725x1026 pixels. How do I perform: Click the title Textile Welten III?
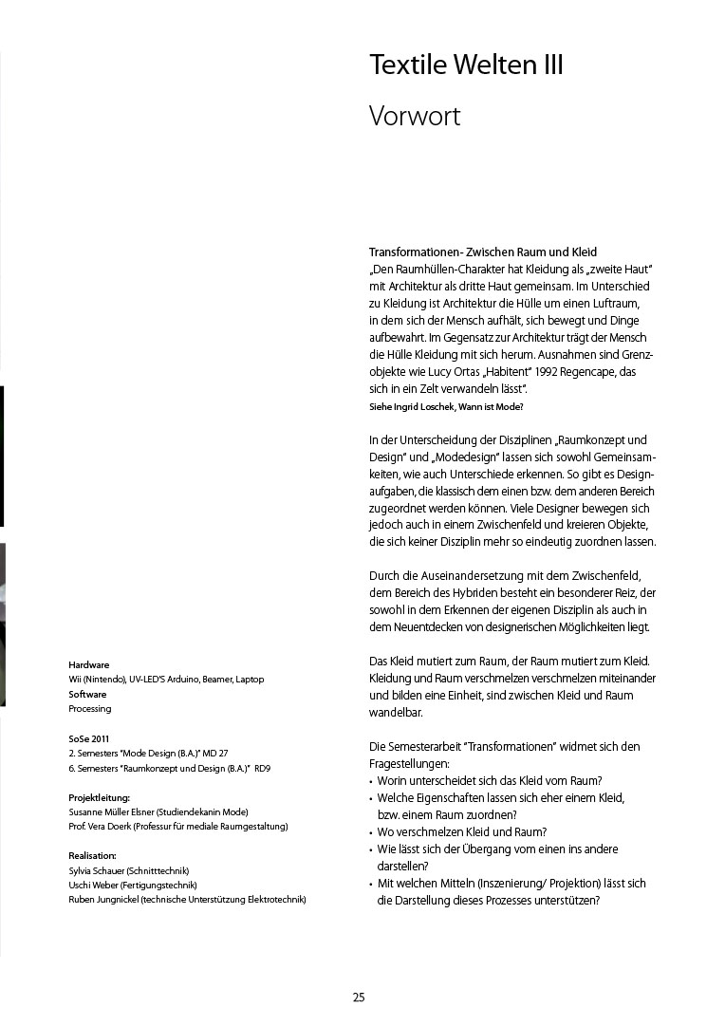tap(466, 65)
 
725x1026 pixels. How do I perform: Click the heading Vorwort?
tap(415, 117)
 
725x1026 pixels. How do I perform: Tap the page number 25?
tap(359, 997)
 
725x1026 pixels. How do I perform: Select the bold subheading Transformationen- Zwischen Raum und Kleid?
tap(482, 252)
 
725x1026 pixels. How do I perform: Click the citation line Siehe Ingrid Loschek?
tap(445, 406)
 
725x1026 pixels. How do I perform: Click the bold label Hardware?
tap(89, 665)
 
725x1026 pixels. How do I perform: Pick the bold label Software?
tap(87, 695)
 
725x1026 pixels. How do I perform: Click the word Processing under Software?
tap(90, 709)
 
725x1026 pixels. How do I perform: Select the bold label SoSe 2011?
tap(89, 738)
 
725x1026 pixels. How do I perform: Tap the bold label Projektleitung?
tap(100, 797)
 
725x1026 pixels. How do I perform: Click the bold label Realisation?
tap(93, 855)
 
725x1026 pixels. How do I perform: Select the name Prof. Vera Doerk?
tap(99, 827)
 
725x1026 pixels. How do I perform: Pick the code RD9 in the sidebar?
tap(264, 768)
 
